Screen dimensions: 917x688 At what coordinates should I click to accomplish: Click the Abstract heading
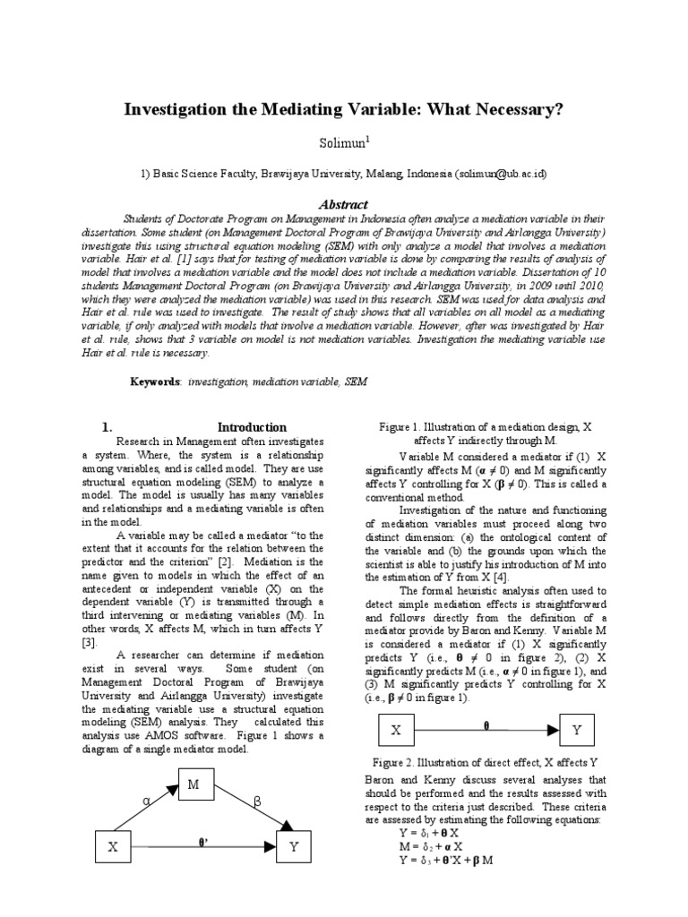[x=343, y=204]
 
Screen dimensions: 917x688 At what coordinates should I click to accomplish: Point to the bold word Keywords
[x=156, y=381]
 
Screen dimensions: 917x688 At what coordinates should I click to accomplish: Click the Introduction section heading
[x=252, y=427]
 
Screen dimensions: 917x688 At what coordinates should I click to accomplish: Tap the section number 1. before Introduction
[x=107, y=427]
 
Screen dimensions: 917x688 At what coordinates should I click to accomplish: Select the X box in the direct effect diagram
[x=395, y=731]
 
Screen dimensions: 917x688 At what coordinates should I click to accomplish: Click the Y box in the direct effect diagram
[x=577, y=731]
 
